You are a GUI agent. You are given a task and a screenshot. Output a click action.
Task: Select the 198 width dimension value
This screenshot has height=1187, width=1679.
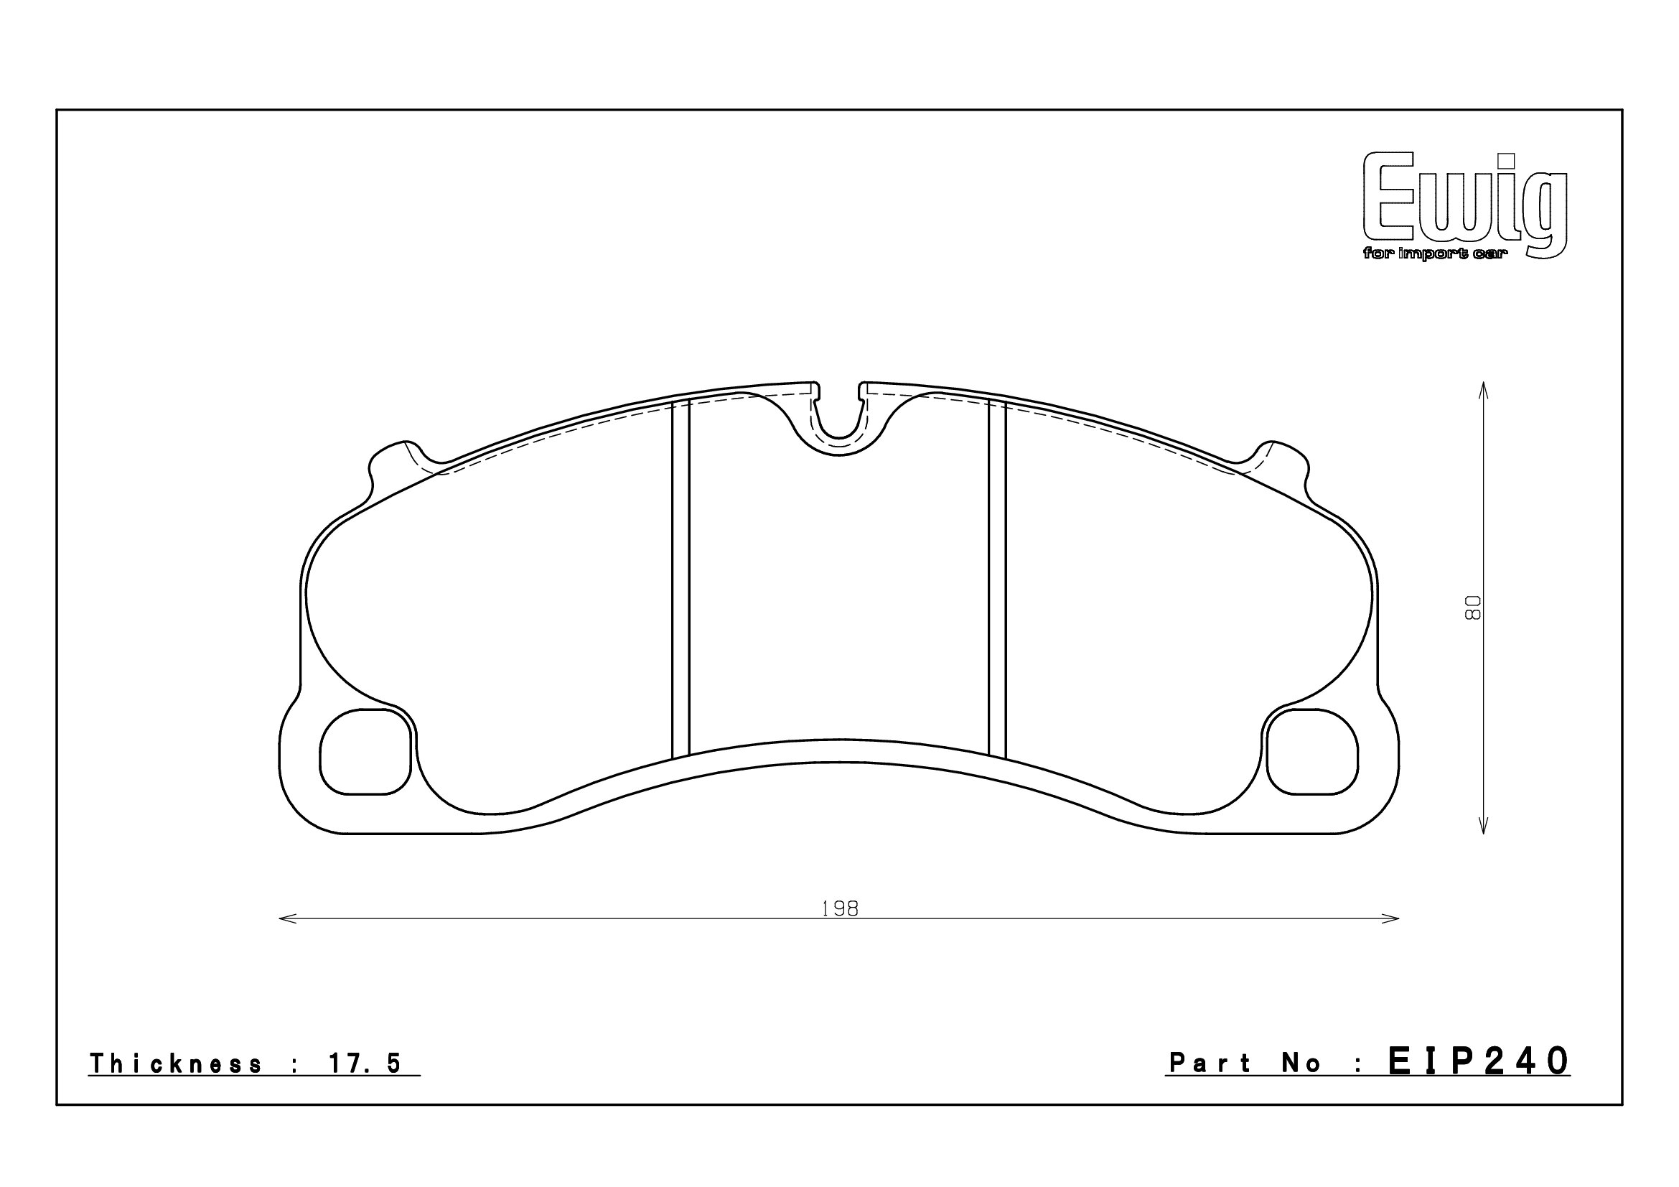tap(840, 908)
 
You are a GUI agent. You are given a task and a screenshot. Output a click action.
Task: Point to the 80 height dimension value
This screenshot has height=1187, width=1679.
tap(1472, 607)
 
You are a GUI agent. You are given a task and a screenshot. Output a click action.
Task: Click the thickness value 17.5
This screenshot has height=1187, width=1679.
tap(365, 1063)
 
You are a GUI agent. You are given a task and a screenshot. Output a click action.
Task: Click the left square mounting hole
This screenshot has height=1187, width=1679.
tap(365, 752)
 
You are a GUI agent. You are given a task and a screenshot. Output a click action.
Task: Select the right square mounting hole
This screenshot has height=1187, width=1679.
tap(1313, 752)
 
